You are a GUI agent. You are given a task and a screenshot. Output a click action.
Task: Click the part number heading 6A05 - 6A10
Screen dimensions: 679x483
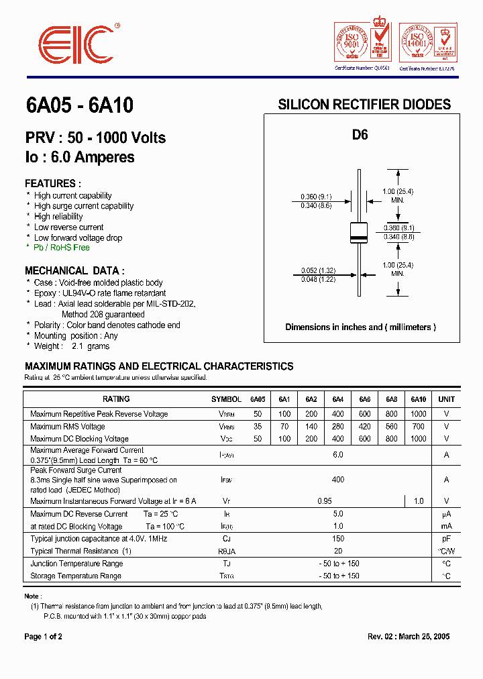click(80, 105)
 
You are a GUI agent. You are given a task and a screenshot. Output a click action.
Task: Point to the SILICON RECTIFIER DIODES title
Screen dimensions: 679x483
click(364, 105)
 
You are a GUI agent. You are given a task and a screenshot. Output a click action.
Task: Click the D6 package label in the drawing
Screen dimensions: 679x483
click(360, 135)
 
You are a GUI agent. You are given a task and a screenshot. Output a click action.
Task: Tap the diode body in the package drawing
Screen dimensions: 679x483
click(360, 231)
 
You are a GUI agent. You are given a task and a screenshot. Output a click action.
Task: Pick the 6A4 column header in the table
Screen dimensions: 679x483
click(338, 399)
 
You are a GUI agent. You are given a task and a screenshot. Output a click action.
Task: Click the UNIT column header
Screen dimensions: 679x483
click(446, 399)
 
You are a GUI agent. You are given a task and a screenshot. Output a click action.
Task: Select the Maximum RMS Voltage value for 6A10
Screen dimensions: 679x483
click(419, 426)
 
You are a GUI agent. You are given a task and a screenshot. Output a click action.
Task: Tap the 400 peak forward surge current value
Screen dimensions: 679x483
click(338, 480)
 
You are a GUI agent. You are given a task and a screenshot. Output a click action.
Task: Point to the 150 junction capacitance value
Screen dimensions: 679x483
click(338, 539)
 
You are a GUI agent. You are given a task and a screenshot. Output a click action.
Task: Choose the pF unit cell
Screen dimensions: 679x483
click(446, 539)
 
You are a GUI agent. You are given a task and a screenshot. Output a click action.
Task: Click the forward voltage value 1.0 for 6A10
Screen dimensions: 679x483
click(419, 501)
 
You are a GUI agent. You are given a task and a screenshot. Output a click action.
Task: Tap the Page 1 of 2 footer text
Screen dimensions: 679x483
click(43, 637)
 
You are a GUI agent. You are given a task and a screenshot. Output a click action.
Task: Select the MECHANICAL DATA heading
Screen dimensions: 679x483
click(74, 271)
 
